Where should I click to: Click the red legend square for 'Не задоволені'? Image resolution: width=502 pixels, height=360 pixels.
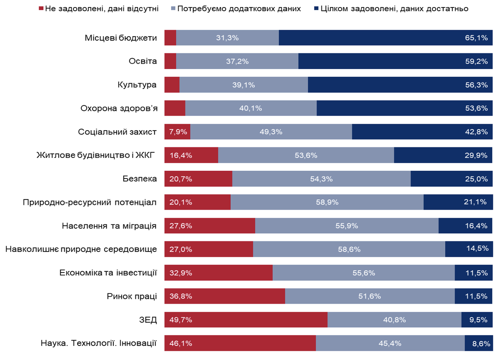pos(41,9)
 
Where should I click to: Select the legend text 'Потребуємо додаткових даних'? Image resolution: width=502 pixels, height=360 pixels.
pos(239,9)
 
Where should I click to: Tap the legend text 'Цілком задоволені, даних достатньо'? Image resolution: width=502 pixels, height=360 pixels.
pos(394,9)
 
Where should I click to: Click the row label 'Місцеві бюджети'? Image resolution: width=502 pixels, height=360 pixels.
pos(121,38)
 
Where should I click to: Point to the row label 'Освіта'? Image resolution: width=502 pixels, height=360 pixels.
pos(142,61)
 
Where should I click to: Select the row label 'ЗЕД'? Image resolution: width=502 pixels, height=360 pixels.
pos(148,320)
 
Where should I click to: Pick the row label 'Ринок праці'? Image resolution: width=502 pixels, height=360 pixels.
pos(132,296)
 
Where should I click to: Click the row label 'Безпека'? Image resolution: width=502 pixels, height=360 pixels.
pos(140,179)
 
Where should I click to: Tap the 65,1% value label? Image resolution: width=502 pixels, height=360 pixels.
pos(476,38)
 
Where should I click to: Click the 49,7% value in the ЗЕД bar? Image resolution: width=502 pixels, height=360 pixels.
pos(181,320)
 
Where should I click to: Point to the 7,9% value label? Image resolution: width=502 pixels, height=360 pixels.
pos(178,132)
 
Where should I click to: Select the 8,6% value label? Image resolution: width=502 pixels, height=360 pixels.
pos(481,344)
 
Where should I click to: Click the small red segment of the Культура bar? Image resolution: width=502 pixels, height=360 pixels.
pos(172,85)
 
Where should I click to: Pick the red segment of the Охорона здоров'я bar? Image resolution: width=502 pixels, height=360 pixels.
pos(175,108)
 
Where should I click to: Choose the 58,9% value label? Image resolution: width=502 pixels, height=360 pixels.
pos(327,202)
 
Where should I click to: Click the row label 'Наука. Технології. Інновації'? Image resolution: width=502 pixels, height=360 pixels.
pos(99,343)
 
